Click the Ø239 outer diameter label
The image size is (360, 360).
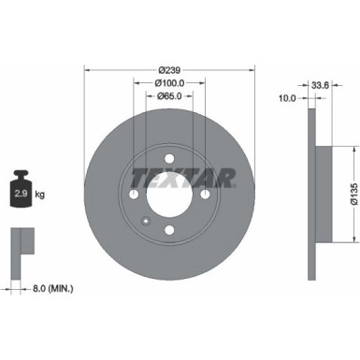(169, 70)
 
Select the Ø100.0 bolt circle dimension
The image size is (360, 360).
(169, 84)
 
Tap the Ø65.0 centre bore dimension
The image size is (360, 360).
(169, 96)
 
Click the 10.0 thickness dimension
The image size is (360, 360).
(288, 97)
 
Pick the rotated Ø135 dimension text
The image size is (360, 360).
(353, 192)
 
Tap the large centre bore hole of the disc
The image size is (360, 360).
(169, 194)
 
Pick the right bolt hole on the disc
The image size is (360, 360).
(205, 194)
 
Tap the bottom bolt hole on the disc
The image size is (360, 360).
(169, 229)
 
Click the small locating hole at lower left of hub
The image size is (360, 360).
(145, 222)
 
